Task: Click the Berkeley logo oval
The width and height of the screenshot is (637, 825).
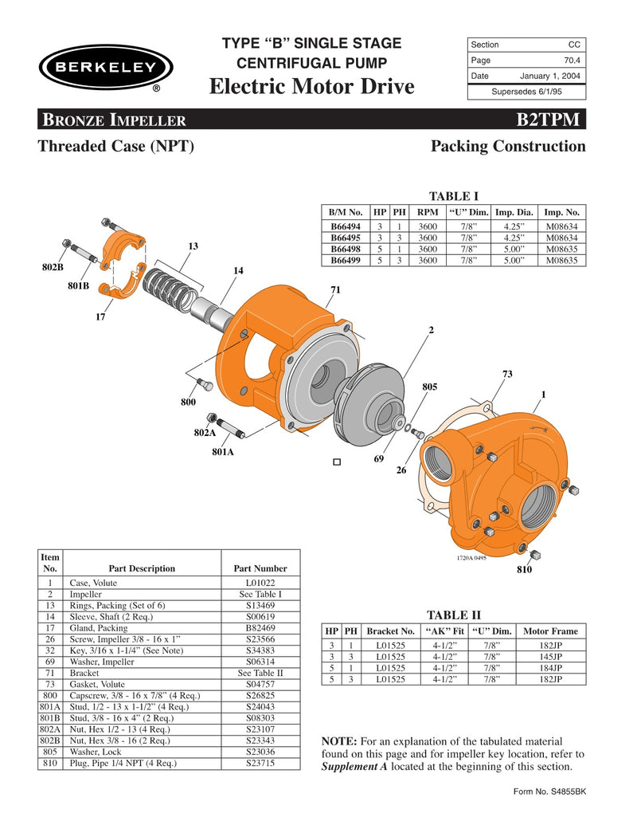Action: [x=105, y=68]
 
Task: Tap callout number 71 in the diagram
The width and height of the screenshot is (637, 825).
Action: [x=335, y=290]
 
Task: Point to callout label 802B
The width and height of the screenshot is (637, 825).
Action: [x=53, y=267]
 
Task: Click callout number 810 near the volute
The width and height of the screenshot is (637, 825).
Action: [x=523, y=571]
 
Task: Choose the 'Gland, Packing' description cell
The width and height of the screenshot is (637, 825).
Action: [x=99, y=628]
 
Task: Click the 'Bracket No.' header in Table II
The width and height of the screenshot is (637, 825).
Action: [x=391, y=631]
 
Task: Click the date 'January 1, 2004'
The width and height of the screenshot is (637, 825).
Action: [x=550, y=77]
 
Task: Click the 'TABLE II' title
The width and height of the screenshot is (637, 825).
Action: [x=454, y=615]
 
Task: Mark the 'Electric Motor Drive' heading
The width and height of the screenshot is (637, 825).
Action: [x=311, y=86]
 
